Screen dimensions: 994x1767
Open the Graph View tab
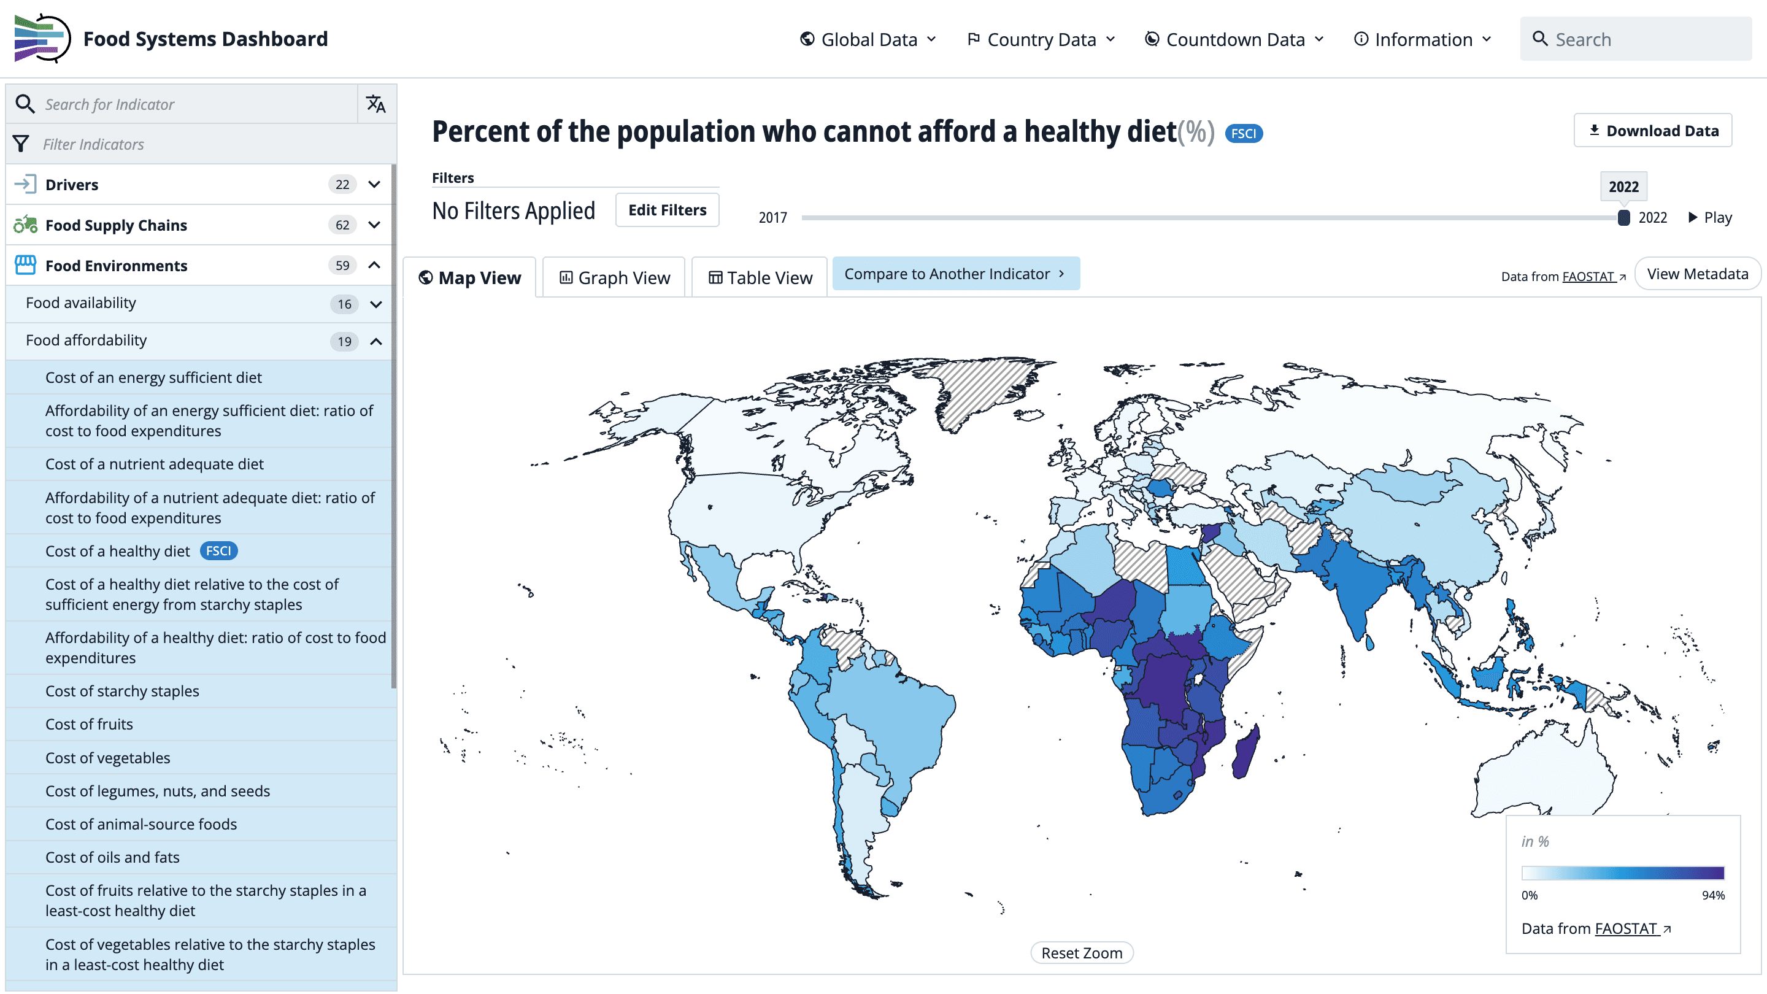point(614,278)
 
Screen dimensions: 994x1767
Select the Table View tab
point(760,278)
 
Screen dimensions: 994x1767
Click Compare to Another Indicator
point(955,274)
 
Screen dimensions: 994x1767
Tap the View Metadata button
point(1697,274)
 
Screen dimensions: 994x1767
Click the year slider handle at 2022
point(1623,217)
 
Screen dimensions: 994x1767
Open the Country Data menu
point(1041,39)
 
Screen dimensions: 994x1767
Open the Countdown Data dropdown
point(1234,39)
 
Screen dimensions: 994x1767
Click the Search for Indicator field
point(192,104)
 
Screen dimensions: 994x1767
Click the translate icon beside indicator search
point(376,104)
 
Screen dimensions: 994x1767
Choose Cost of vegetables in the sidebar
point(108,757)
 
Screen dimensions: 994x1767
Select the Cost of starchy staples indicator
point(122,691)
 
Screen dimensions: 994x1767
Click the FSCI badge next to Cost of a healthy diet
point(218,551)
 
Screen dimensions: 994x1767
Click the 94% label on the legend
point(1713,895)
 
